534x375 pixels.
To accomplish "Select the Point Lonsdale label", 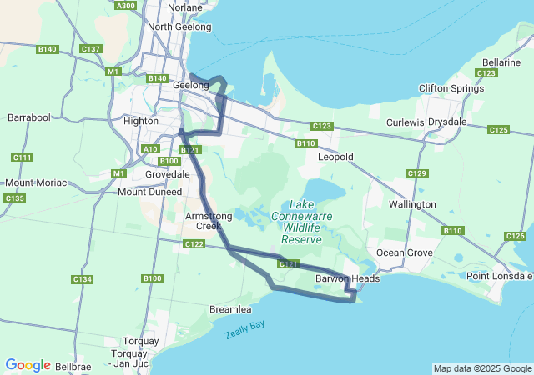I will [x=497, y=276].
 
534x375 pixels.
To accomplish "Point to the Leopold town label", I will [x=336, y=157].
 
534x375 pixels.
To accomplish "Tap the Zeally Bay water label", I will [x=244, y=330].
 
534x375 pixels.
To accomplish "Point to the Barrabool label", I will [x=29, y=118].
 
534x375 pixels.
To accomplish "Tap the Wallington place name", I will [x=412, y=204].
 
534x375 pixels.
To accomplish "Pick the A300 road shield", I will [x=126, y=6].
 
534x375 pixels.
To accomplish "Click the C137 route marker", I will [x=91, y=49].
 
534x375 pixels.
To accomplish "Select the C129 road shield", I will [x=417, y=173].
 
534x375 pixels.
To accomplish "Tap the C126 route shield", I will [x=516, y=236].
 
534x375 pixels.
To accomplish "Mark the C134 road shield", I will [x=82, y=279].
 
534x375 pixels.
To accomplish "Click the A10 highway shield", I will [x=150, y=148].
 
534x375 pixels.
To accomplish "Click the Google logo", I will [x=28, y=365].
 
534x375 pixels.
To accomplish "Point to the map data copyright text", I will [x=481, y=368].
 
